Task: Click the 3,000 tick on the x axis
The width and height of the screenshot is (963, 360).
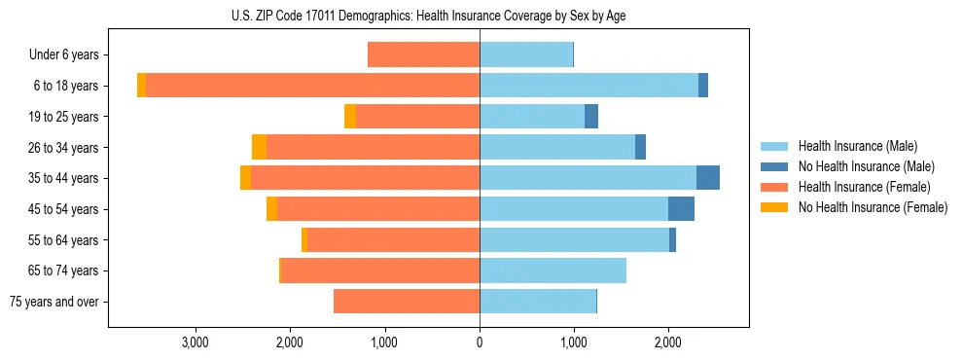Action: tap(196, 342)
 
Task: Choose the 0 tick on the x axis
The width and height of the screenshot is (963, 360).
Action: tap(480, 342)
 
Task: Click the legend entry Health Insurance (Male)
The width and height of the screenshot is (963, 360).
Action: tap(857, 146)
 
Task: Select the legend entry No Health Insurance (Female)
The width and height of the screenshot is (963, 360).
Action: tap(873, 207)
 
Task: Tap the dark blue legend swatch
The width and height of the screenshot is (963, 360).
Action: tap(775, 166)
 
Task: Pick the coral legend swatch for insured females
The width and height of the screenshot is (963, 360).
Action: tap(775, 187)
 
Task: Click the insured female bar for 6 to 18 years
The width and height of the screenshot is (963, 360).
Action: tap(312, 86)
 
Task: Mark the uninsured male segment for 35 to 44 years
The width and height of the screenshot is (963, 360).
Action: tap(708, 178)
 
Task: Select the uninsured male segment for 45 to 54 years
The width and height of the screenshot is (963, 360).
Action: tap(681, 209)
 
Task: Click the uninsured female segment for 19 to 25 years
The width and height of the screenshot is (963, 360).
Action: tap(350, 117)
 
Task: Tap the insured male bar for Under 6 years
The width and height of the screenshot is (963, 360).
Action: tap(526, 55)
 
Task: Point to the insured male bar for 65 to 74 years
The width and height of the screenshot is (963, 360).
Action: tap(553, 270)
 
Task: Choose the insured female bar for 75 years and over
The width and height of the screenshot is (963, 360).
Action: tap(407, 302)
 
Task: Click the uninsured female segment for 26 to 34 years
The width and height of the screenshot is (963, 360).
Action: tap(259, 148)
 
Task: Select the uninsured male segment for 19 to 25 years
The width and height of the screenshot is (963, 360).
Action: tap(591, 117)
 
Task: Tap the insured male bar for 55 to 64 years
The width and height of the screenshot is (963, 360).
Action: tap(574, 240)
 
